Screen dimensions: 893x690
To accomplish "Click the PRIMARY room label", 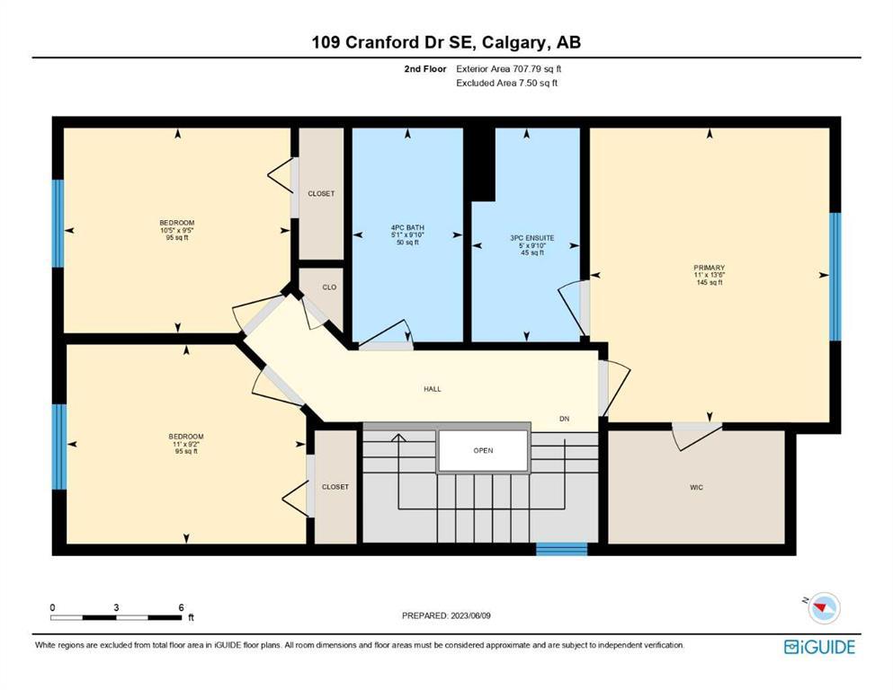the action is tap(709, 268).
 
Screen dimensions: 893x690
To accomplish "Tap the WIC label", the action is tap(697, 487).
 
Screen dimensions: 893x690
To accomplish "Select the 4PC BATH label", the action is tap(407, 227).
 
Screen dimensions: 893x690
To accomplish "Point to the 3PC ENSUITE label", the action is tap(531, 238).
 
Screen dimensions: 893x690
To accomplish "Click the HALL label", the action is tap(433, 389).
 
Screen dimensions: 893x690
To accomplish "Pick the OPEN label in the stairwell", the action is tap(483, 450).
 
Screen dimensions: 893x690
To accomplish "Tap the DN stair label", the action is tap(564, 419).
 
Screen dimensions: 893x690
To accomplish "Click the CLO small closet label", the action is tap(329, 287).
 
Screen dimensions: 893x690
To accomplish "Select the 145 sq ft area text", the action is tap(709, 282).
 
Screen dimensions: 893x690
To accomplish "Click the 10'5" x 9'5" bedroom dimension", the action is tap(177, 230).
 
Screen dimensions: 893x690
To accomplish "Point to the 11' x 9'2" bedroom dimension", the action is tap(185, 444).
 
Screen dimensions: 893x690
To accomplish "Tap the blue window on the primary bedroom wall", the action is tap(835, 277).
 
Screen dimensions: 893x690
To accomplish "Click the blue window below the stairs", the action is tap(561, 549).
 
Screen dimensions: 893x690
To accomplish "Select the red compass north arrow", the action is tap(821, 608).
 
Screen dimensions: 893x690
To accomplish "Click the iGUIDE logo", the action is tap(819, 647).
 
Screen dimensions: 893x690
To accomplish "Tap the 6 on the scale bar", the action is tap(181, 607).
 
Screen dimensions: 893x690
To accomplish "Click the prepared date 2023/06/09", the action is tap(470, 615).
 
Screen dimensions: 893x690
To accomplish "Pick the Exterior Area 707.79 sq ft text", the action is tap(509, 69).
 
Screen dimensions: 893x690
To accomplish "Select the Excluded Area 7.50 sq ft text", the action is tap(506, 83).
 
